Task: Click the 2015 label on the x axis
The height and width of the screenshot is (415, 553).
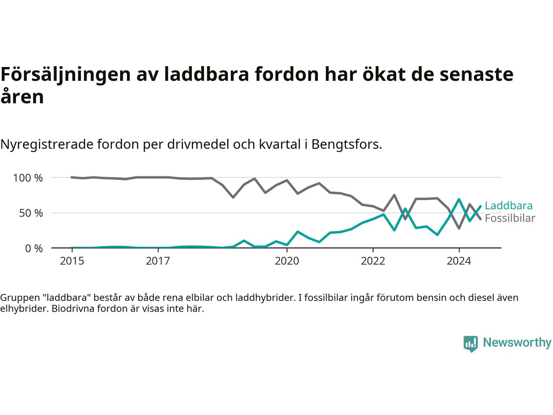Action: pyautogui.click(x=72, y=261)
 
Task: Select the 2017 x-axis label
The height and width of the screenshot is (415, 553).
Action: pyautogui.click(x=158, y=261)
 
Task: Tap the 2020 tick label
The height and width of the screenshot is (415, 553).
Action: pyautogui.click(x=287, y=261)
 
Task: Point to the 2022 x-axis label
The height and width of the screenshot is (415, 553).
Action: pyautogui.click(x=373, y=261)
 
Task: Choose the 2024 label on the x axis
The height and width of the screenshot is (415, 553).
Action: pyautogui.click(x=459, y=261)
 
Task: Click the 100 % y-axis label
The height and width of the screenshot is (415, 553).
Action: pyautogui.click(x=28, y=178)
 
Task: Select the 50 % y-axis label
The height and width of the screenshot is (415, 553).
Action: pyautogui.click(x=31, y=213)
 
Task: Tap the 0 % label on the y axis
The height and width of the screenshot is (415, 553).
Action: pyautogui.click(x=34, y=249)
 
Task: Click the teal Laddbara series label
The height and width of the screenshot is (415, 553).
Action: pyautogui.click(x=509, y=206)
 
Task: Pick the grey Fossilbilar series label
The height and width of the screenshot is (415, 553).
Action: pyautogui.click(x=510, y=218)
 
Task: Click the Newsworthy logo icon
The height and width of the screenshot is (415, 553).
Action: pyautogui.click(x=470, y=344)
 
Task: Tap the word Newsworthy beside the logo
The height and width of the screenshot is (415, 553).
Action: pyautogui.click(x=517, y=342)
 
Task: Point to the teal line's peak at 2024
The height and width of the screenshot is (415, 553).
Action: pyautogui.click(x=459, y=199)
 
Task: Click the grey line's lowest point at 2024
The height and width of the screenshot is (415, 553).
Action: pyautogui.click(x=459, y=228)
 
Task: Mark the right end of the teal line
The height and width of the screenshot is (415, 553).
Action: pyautogui.click(x=481, y=206)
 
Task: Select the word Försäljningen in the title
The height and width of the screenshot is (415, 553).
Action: pyautogui.click(x=66, y=75)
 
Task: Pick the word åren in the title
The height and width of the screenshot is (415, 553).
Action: pyautogui.click(x=22, y=96)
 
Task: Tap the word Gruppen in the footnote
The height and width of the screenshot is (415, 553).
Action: pyautogui.click(x=20, y=298)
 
